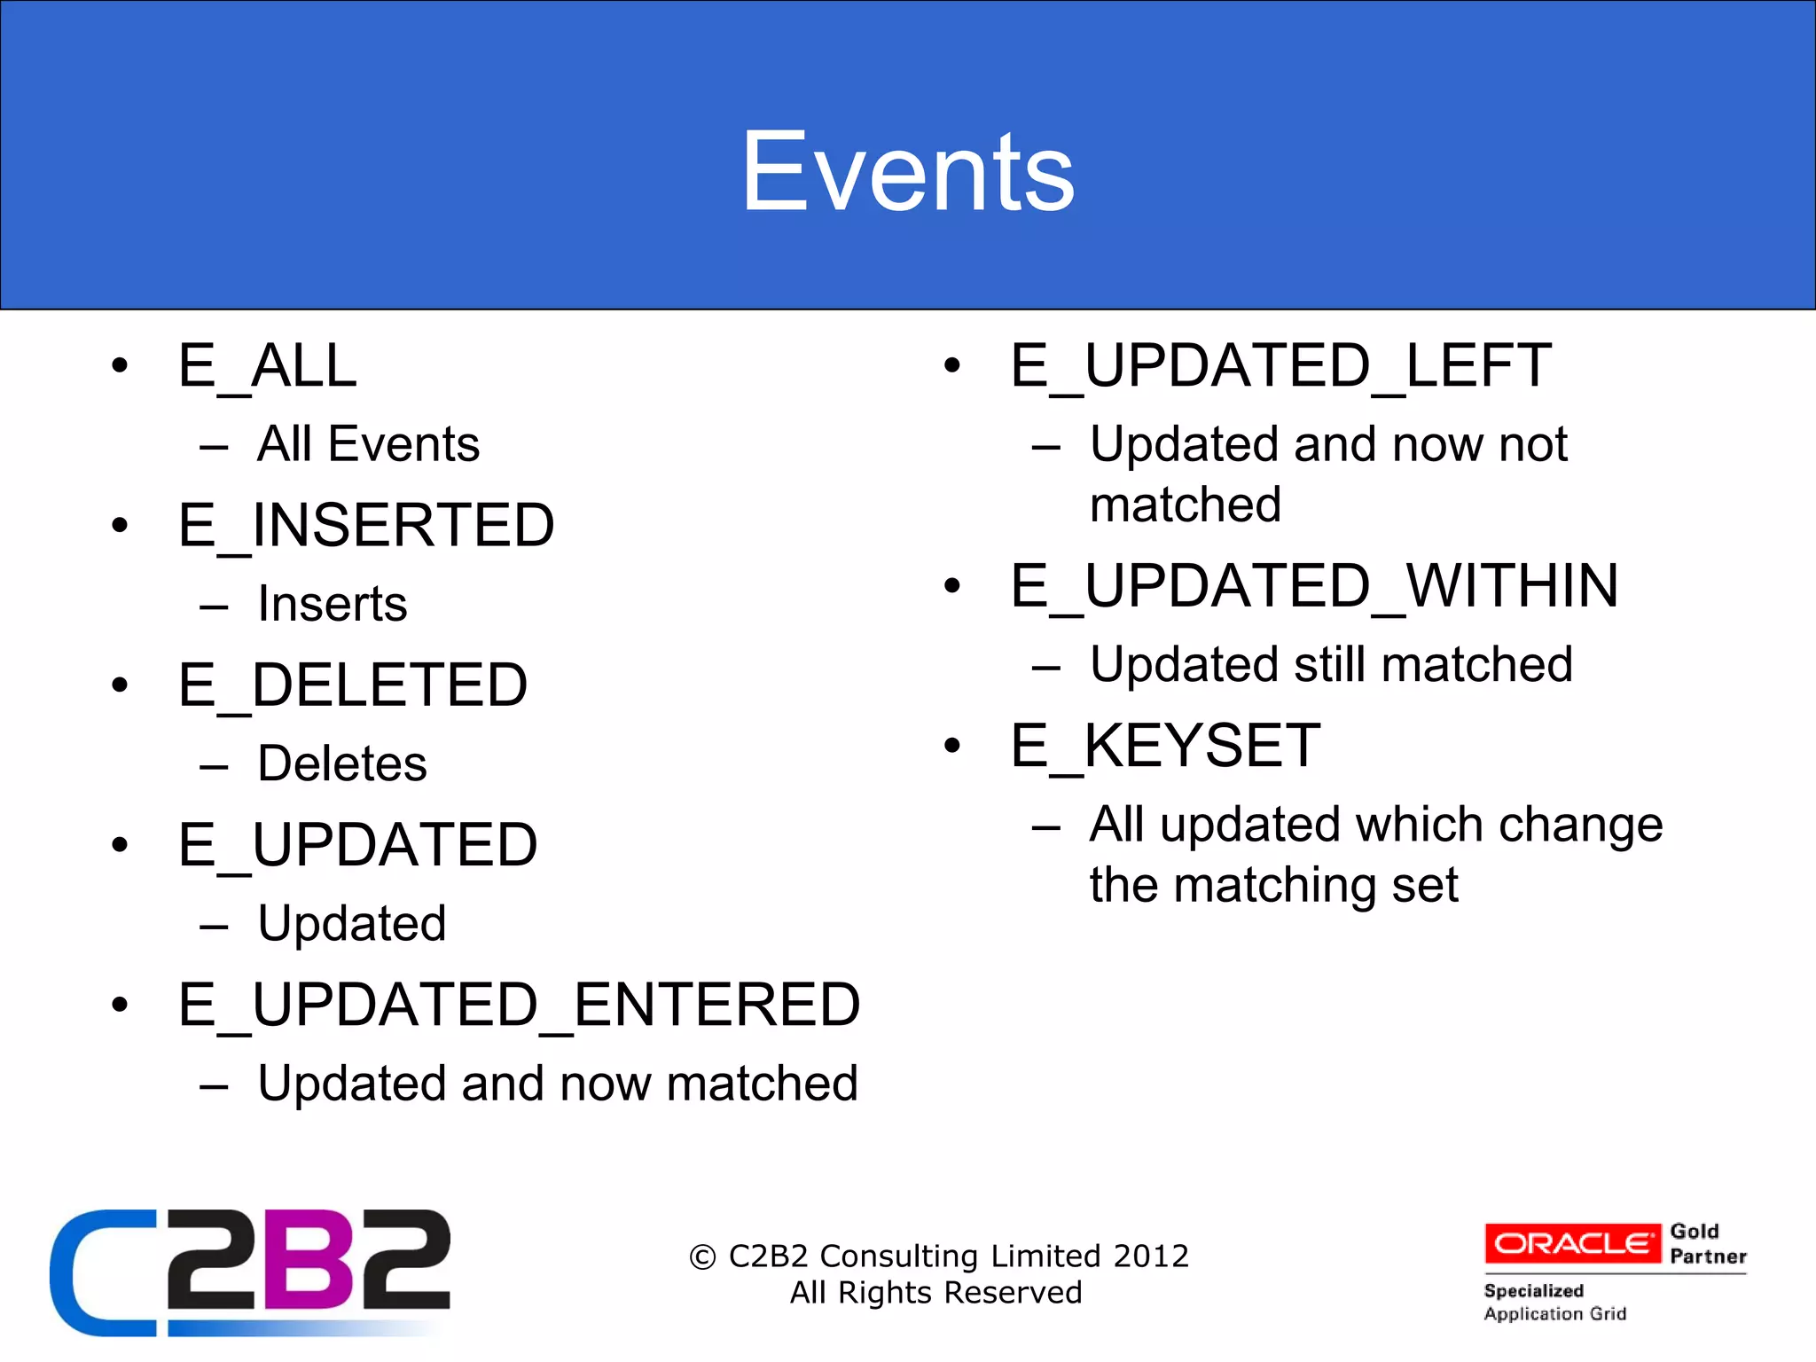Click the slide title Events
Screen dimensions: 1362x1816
pos(907,171)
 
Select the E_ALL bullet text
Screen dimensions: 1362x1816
pos(267,365)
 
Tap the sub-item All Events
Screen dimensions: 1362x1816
pos(368,443)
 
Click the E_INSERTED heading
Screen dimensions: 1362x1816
pos(366,525)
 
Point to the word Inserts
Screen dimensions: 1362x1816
pos(333,604)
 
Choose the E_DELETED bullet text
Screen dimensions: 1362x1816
pos(352,685)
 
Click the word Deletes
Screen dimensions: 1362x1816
pos(342,763)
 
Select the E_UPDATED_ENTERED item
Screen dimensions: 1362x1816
pos(519,1005)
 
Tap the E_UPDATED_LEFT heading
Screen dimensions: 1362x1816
pos(1280,365)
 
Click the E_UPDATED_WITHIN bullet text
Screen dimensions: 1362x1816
pos(1314,586)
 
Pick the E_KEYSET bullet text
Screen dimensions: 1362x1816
pos(1165,746)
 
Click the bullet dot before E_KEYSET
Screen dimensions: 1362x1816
pos(952,746)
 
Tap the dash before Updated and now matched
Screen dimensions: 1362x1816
pos(215,1085)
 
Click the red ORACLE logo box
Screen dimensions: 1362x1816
pos(1572,1243)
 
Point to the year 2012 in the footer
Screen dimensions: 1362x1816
pos(1151,1256)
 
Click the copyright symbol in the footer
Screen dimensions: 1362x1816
pos(702,1257)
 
